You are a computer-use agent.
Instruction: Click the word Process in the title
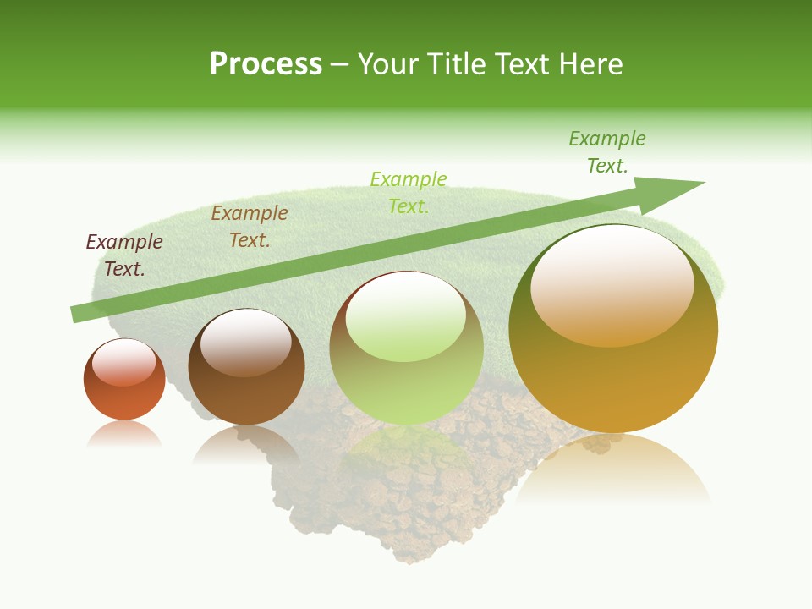click(266, 64)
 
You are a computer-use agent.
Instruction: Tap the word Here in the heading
click(591, 64)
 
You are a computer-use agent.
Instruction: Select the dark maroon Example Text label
click(124, 255)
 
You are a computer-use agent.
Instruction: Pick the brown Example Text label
click(250, 227)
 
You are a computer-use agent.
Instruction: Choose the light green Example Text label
click(409, 193)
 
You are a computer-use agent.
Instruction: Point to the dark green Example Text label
click(607, 152)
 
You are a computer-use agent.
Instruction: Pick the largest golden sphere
click(613, 381)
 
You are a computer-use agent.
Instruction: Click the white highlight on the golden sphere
click(612, 283)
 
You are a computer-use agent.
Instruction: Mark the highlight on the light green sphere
click(406, 315)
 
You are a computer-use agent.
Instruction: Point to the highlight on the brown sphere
click(246, 340)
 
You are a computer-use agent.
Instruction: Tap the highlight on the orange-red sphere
click(124, 362)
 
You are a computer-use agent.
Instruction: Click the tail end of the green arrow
click(78, 314)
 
